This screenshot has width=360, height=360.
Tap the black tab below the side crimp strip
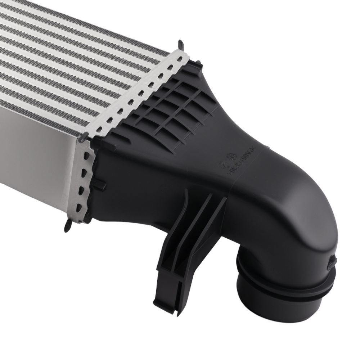coord(68,227)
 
